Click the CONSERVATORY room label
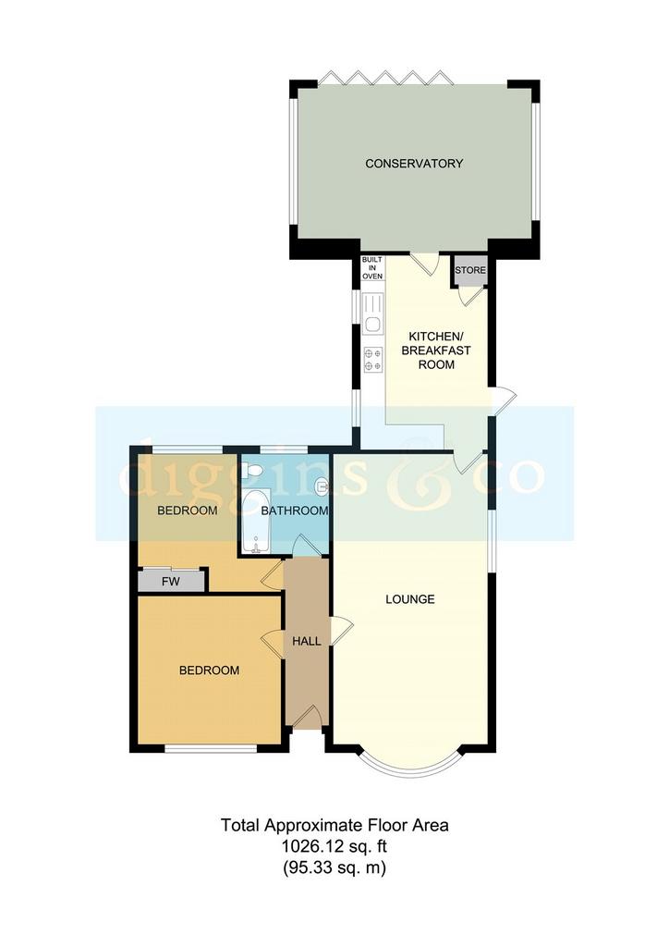tap(414, 163)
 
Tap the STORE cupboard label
tap(470, 270)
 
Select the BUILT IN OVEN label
tap(372, 267)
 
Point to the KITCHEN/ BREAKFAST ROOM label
tap(436, 351)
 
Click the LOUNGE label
tap(410, 599)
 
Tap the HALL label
tap(307, 641)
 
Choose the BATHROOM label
tap(295, 510)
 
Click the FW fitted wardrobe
tap(171, 582)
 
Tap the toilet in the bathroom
tap(251, 470)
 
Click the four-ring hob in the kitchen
tap(372, 360)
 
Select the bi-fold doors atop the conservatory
tap(385, 77)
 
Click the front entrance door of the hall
tap(307, 718)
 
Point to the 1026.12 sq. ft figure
tap(334, 847)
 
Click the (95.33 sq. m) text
tap(334, 867)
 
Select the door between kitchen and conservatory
tap(424, 264)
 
